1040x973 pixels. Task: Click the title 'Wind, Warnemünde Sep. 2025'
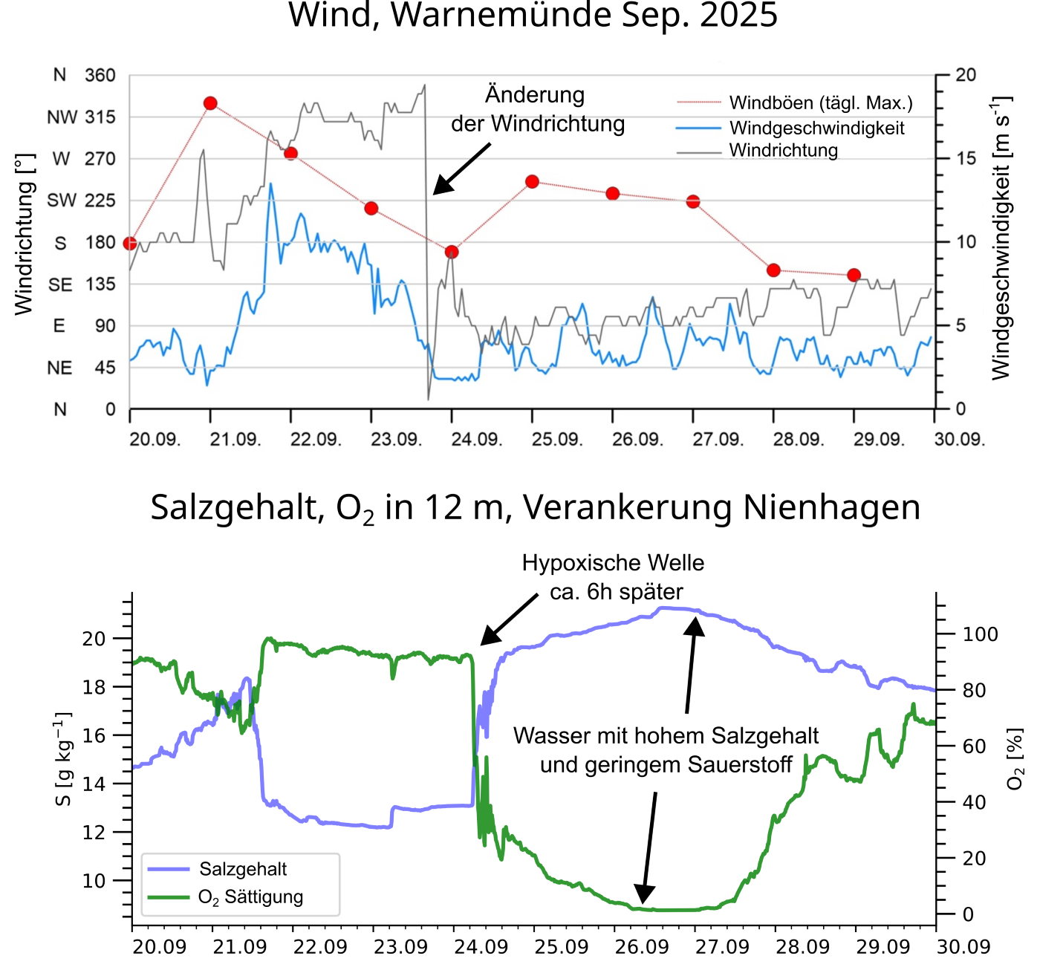[x=533, y=16]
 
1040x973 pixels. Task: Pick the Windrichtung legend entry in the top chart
[x=783, y=150]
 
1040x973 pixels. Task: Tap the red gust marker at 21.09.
[x=210, y=103]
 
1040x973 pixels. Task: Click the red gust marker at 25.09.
[x=532, y=182]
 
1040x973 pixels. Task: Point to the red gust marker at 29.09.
[x=854, y=276]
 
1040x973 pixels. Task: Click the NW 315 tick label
[x=81, y=117]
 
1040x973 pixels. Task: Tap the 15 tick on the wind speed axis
[x=966, y=158]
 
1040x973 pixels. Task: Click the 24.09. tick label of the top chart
[x=476, y=439]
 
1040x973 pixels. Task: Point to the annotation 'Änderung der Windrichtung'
[x=537, y=109]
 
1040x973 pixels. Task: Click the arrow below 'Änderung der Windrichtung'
[x=461, y=169]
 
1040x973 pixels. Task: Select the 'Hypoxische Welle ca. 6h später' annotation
[x=613, y=577]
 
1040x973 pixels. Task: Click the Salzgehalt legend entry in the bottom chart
[x=242, y=869]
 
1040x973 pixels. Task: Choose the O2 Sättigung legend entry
[x=250, y=897]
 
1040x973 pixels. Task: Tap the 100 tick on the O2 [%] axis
[x=980, y=634]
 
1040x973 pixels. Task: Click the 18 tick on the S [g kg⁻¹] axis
[x=94, y=687]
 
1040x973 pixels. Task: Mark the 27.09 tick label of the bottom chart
[x=721, y=947]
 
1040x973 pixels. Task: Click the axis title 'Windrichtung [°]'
[x=25, y=235]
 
